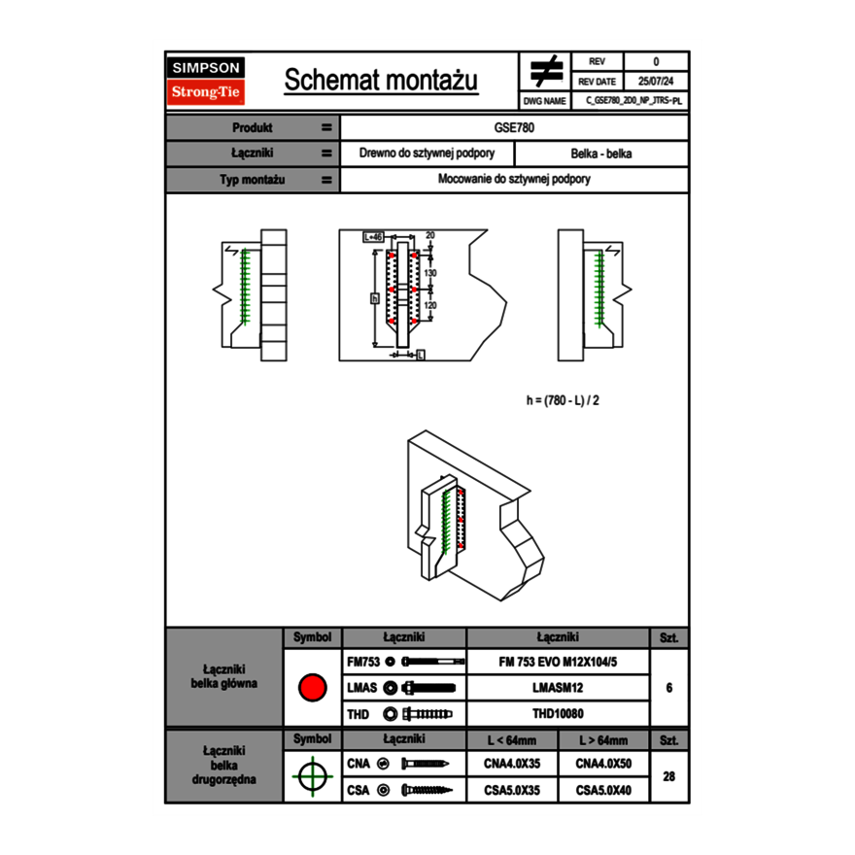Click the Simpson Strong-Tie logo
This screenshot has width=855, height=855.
[206, 81]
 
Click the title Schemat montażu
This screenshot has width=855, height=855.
[381, 81]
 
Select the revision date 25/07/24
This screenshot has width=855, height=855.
[656, 82]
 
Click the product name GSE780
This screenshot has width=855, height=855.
[515, 127]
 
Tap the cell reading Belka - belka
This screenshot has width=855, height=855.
[601, 154]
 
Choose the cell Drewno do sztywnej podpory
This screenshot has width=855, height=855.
[427, 154]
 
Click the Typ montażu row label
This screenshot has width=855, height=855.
[252, 180]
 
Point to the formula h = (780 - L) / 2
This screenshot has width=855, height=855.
[568, 399]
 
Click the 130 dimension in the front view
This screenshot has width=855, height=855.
[430, 274]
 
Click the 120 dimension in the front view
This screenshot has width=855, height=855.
[430, 305]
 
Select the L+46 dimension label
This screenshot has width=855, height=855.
[374, 236]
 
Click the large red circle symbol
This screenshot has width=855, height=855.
[312, 688]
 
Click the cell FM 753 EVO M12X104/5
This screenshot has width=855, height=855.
[558, 662]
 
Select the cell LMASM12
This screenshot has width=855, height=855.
[558, 688]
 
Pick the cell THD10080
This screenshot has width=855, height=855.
[558, 714]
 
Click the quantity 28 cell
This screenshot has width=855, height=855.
[668, 775]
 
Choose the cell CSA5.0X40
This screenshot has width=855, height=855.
[603, 791]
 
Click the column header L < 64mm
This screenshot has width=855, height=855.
[513, 740]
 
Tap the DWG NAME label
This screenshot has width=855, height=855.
[545, 100]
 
